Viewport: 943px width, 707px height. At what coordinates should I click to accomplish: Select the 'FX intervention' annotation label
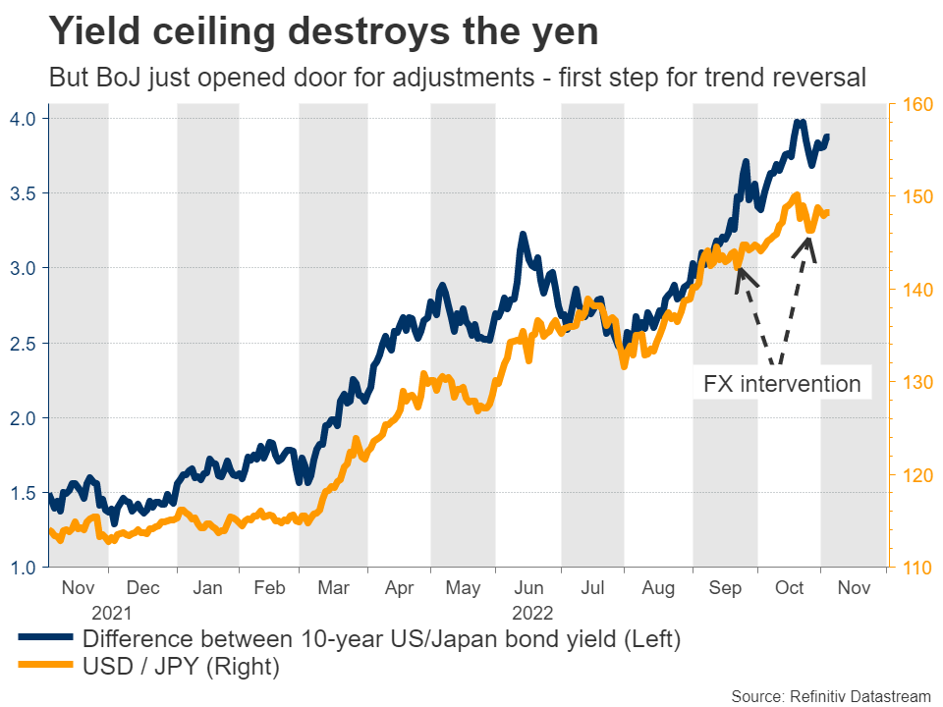pos(782,383)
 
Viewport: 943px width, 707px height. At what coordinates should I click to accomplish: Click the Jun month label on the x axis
pos(529,588)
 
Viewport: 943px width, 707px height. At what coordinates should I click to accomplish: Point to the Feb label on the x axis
pos(269,588)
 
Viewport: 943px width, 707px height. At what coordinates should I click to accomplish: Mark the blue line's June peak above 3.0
pos(523,235)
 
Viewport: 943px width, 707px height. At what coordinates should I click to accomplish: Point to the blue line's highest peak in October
pos(800,123)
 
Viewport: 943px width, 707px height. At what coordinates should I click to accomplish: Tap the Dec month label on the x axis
pos(143,588)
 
